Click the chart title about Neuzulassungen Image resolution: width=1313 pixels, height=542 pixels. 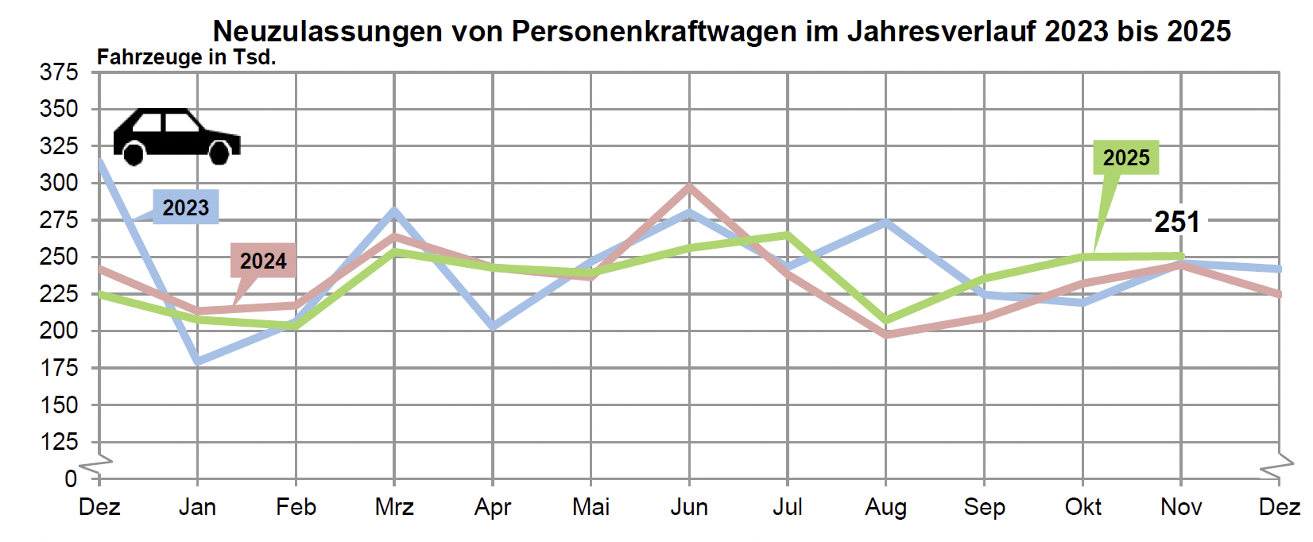click(722, 31)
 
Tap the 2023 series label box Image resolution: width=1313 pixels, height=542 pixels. click(186, 207)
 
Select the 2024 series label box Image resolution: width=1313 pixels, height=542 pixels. click(263, 261)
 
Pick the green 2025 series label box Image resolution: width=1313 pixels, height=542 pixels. click(1126, 157)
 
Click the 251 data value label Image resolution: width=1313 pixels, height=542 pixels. click(1176, 222)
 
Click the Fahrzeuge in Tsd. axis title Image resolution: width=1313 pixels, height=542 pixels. click(186, 57)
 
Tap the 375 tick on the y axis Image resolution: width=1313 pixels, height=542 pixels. click(60, 72)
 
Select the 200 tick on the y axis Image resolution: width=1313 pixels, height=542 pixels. click(60, 331)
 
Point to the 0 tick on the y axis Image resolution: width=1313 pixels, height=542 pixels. click(71, 478)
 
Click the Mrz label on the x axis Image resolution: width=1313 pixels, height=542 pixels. click(394, 507)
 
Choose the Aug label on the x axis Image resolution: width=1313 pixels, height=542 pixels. click(885, 507)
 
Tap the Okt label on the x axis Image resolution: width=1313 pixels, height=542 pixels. click(1083, 507)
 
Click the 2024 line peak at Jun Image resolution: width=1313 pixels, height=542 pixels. click(689, 188)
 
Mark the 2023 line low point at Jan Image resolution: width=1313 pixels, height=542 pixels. click(197, 362)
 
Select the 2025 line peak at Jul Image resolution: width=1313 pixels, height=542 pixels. click(787, 234)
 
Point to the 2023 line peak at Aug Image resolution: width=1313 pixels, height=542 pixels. click(885, 222)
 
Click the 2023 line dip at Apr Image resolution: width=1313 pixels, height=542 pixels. click(493, 326)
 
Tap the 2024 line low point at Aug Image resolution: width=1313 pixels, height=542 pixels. click(885, 335)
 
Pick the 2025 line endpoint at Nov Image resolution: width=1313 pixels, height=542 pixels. click(1181, 256)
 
